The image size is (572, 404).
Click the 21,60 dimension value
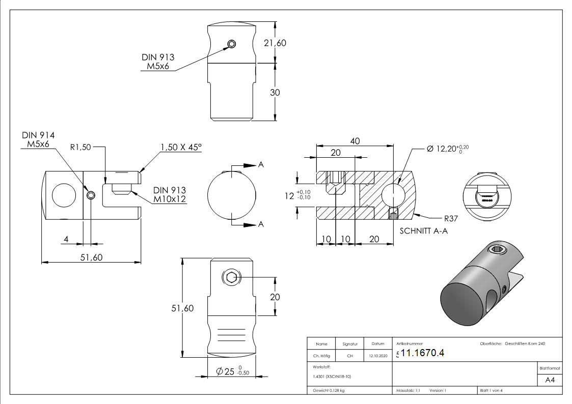click(x=275, y=43)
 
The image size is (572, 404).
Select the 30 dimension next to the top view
click(x=275, y=92)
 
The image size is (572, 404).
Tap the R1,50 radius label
click(x=80, y=147)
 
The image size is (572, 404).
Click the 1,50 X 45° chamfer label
click(x=181, y=147)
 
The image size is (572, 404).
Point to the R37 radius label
click(x=451, y=219)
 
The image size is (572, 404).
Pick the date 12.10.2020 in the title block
click(x=377, y=356)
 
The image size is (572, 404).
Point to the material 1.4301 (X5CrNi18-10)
click(x=332, y=377)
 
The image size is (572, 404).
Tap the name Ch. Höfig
click(x=321, y=356)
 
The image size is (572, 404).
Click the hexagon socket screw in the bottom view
click(x=231, y=278)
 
